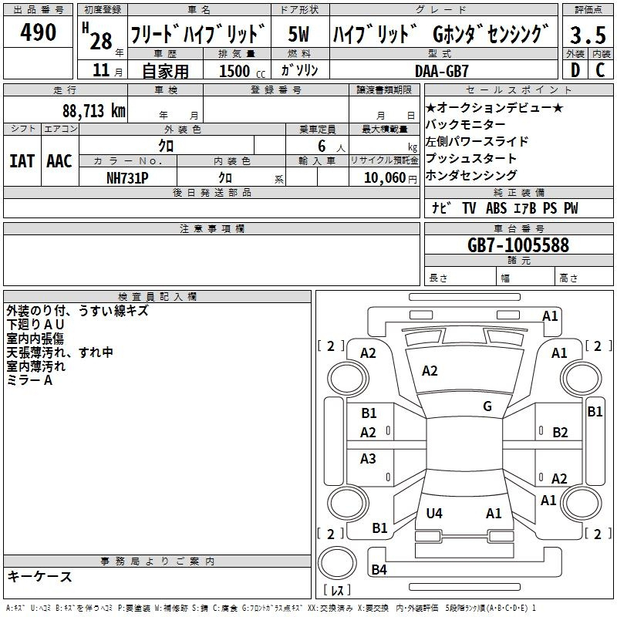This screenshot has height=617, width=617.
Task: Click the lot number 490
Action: (38, 32)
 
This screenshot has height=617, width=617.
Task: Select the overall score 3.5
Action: (588, 35)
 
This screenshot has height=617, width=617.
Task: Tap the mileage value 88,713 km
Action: (93, 111)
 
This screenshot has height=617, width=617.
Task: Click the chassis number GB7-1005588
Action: (518, 245)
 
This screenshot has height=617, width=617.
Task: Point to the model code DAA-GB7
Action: (442, 71)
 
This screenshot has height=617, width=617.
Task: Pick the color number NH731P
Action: (127, 178)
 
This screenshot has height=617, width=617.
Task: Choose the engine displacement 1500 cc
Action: (242, 71)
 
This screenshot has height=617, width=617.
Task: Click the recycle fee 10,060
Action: (384, 178)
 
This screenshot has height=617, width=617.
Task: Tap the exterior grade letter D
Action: (575, 70)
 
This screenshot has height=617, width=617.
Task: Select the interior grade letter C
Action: (600, 70)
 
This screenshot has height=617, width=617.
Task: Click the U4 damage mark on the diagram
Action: (434, 513)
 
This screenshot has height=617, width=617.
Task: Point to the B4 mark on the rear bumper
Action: (379, 569)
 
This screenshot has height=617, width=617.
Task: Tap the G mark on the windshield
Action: (487, 406)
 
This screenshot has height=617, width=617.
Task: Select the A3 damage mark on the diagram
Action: (368, 458)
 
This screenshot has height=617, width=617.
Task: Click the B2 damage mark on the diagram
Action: (560, 433)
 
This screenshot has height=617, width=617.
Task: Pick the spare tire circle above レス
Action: (337, 563)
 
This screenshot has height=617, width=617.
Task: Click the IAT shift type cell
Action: (22, 161)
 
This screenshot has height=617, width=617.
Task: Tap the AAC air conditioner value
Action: (59, 161)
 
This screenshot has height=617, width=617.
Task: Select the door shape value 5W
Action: (298, 34)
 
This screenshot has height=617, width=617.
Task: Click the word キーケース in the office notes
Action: (40, 577)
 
